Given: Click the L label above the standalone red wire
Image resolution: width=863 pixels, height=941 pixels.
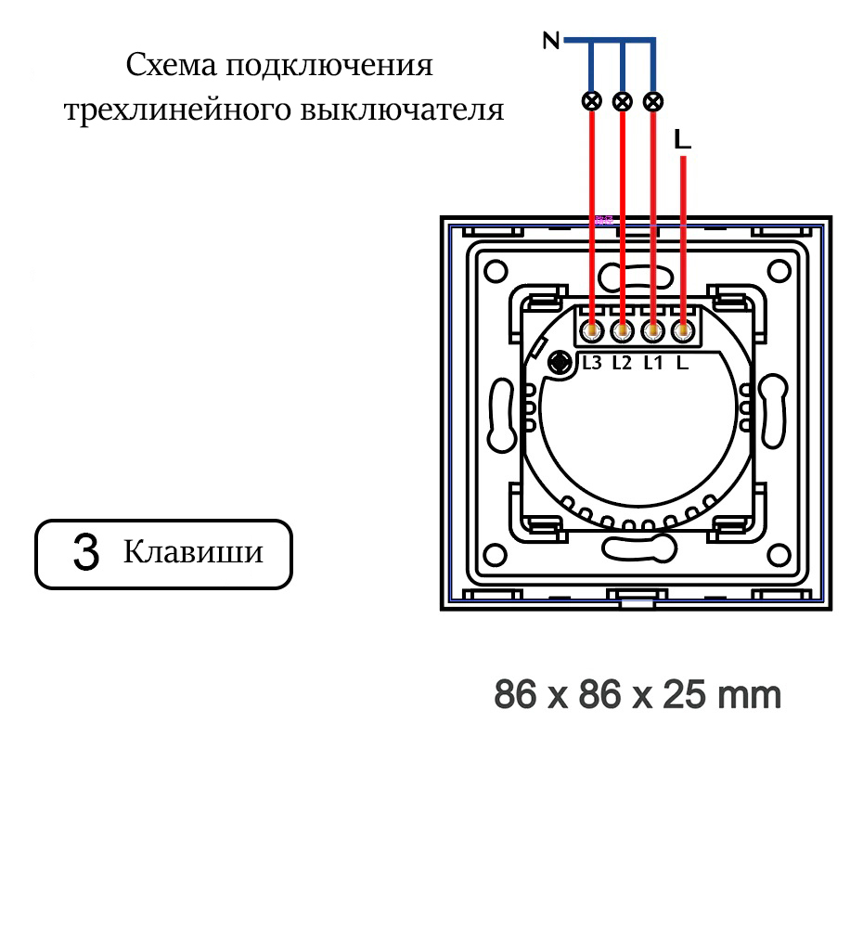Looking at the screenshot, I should coord(683,140).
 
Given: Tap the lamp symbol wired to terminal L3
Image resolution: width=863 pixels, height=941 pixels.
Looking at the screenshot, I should coord(591,100).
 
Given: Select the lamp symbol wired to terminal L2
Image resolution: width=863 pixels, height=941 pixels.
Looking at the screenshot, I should coord(623,100).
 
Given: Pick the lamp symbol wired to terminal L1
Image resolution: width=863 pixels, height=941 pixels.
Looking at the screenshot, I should coord(653,100).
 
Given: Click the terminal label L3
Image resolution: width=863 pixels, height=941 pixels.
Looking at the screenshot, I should coord(592,363).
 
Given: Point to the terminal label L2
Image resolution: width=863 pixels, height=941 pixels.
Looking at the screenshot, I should coord(622,363).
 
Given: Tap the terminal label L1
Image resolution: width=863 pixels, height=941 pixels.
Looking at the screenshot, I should coord(652,363).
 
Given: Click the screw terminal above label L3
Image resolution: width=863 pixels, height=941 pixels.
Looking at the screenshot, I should coord(592,330).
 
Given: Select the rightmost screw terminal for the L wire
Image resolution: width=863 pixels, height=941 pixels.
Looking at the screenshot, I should coord(684,330).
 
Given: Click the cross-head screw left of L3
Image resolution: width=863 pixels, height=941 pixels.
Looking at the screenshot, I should coord(560,363).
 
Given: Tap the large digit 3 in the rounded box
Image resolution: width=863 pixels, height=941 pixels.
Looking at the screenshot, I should coord(85,554).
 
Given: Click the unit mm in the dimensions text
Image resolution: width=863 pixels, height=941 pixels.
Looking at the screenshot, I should coord(751,694).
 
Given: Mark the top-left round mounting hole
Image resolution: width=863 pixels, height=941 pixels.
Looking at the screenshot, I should coord(494,269).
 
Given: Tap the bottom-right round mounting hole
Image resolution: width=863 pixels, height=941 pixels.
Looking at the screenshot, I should coord(779,556).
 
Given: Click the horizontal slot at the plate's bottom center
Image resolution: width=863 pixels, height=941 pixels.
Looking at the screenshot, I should coord(637,549).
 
